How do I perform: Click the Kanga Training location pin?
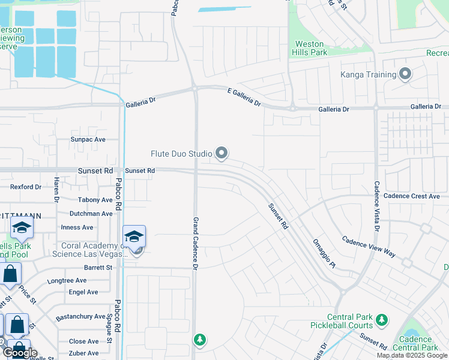[405, 74]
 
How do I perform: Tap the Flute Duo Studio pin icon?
[221, 154]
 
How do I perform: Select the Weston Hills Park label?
[310, 48]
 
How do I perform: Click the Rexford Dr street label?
[26, 187]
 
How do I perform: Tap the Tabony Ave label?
[95, 200]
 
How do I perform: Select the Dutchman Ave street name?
[91, 214]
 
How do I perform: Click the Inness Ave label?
[77, 227]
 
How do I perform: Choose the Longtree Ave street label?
[67, 280]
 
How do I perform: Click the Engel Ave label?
[83, 292]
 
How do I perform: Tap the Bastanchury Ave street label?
[80, 316]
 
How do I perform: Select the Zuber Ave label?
[83, 354]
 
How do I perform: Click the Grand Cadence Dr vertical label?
[195, 243]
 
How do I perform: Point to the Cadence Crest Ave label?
[412, 196]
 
